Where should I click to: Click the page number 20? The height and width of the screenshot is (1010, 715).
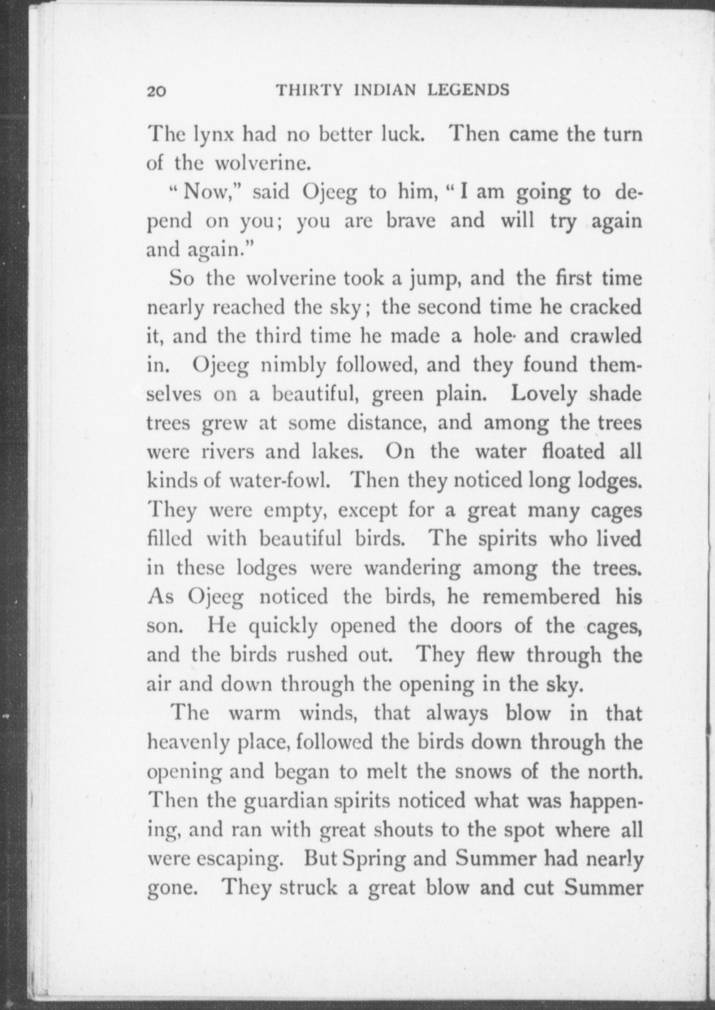(157, 92)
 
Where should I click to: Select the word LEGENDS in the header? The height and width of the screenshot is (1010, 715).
(468, 90)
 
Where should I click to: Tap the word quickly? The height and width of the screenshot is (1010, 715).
(283, 627)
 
